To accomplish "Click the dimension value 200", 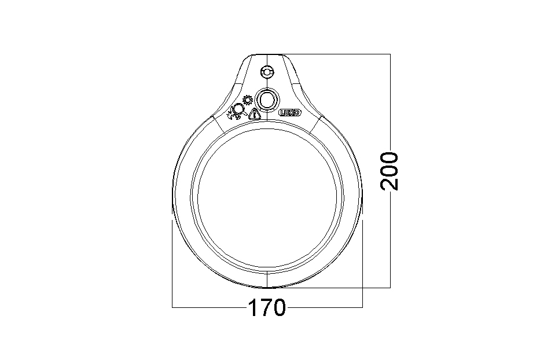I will [390, 171].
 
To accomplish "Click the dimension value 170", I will [267, 307].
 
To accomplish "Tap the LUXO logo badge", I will [289, 113].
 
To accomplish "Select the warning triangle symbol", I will [254, 113].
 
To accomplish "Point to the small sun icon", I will [248, 99].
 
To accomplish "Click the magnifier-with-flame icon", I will [237, 111].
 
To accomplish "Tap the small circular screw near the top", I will [267, 72].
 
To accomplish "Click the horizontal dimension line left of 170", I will [208, 307].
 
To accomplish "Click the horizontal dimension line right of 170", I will [324, 307].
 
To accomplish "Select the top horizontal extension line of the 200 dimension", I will [341, 54].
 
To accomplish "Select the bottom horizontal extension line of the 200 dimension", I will [336, 287].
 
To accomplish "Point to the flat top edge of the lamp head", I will [267, 54].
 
